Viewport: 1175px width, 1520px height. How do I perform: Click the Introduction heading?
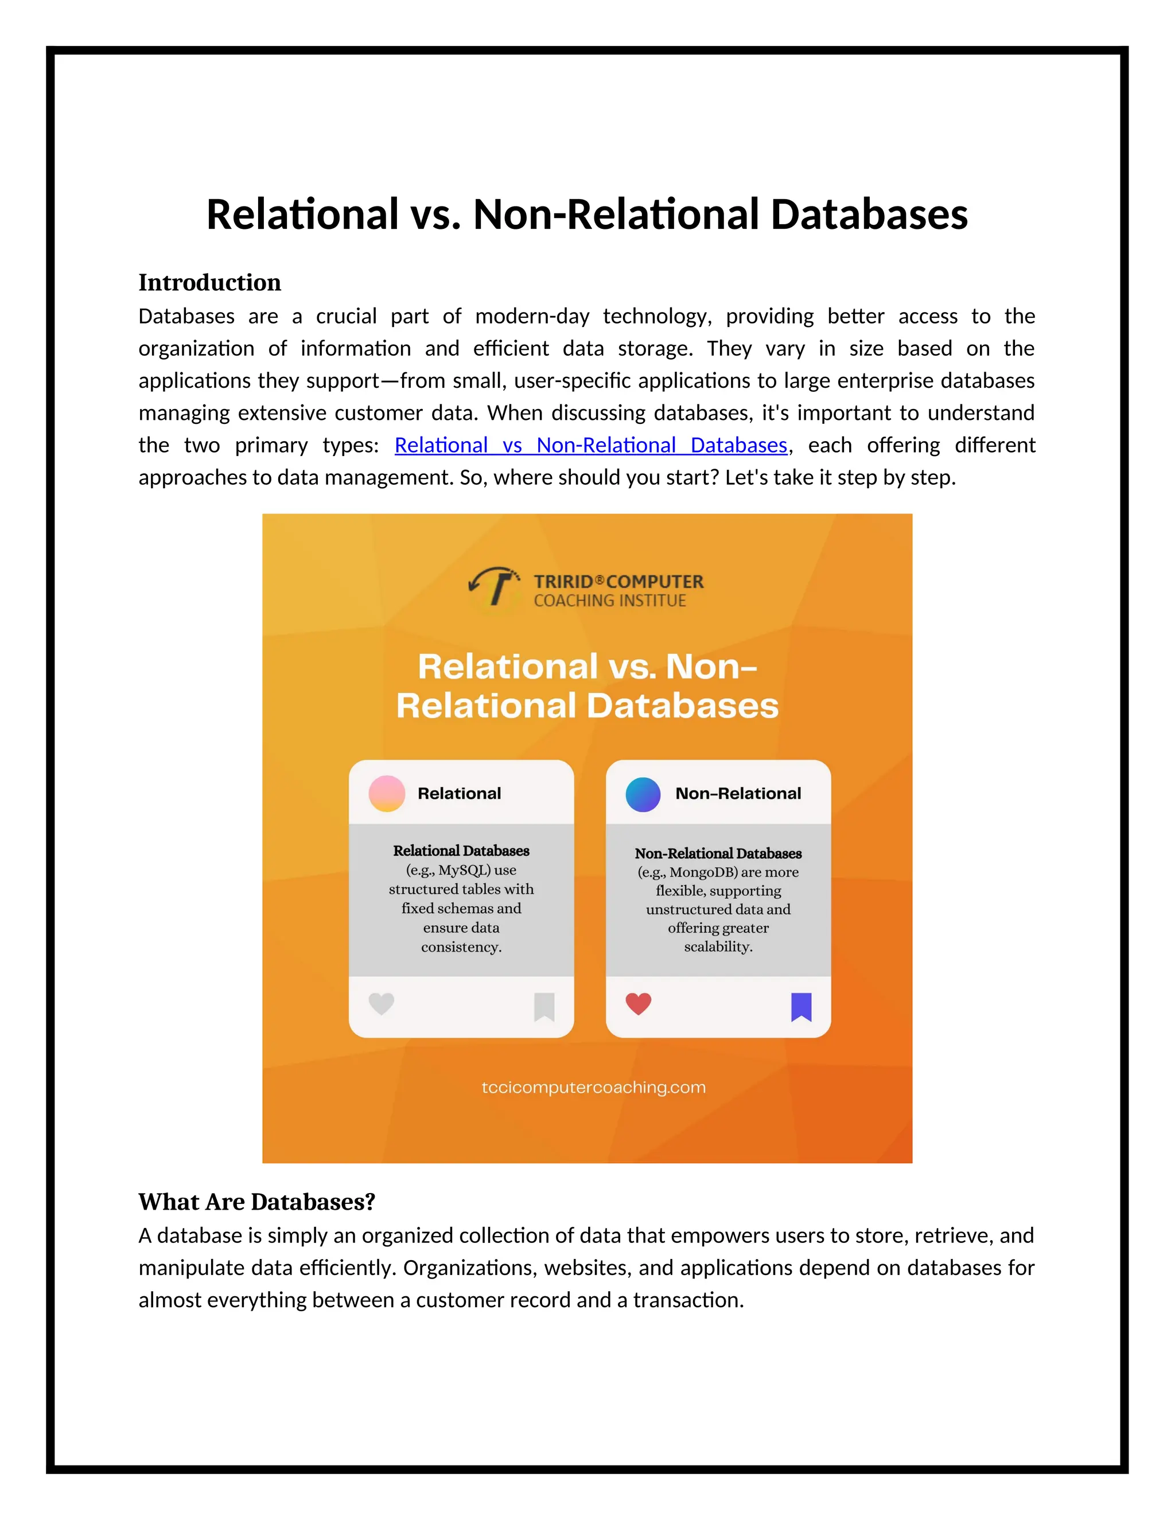coord(209,283)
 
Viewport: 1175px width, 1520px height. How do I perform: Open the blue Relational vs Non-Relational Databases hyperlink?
coord(590,445)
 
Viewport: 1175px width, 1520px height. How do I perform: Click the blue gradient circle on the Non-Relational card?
coord(643,794)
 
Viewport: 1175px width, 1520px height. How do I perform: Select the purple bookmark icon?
coord(801,1007)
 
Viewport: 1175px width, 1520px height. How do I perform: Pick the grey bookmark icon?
coord(544,1007)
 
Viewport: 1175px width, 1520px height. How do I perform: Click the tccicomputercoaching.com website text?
coord(593,1087)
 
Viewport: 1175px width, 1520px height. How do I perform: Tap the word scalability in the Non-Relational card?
coord(718,946)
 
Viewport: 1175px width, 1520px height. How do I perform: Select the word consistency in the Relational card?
coord(461,947)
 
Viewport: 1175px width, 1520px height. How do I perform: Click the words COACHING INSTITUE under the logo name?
coord(610,601)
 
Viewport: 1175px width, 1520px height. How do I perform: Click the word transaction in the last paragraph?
coord(688,1300)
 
